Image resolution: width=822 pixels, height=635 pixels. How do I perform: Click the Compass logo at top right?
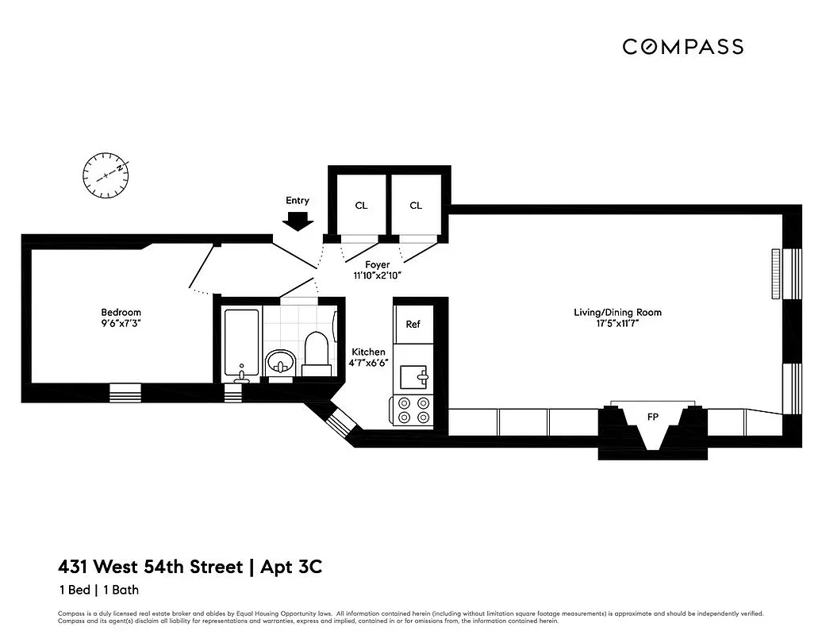(x=682, y=47)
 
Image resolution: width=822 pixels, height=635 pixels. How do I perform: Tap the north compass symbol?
(x=106, y=174)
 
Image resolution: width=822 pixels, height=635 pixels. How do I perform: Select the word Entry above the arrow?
(x=298, y=201)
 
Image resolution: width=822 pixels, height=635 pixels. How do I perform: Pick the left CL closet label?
(x=361, y=206)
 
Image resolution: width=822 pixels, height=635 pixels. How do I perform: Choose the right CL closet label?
(x=416, y=206)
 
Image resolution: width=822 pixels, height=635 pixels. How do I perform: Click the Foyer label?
(x=377, y=264)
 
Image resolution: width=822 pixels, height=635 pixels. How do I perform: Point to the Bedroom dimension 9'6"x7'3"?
(x=121, y=325)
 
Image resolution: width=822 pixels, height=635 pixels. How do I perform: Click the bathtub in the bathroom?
(x=240, y=344)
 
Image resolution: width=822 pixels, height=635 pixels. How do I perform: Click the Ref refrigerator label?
(x=413, y=324)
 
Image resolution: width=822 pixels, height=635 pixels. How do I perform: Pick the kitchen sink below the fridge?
(x=413, y=375)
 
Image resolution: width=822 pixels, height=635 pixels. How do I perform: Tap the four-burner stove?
(x=413, y=410)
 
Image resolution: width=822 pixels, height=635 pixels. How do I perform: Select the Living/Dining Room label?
(x=617, y=312)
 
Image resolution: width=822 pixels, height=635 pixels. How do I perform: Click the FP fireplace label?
(x=653, y=415)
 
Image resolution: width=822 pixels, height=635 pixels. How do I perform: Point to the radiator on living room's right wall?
(x=775, y=274)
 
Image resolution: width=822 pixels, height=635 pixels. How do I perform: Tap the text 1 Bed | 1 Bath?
(x=98, y=590)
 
